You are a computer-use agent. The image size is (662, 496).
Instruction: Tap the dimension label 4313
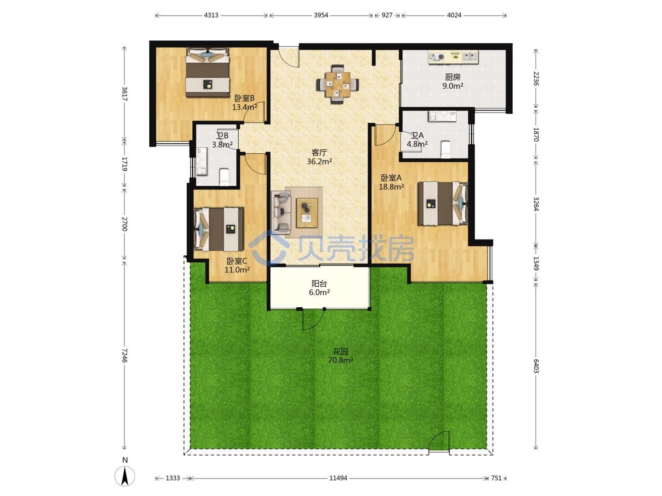pos(211,15)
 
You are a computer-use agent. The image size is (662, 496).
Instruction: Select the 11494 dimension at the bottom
pos(338,478)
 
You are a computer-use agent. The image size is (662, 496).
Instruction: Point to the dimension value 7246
pos(124,355)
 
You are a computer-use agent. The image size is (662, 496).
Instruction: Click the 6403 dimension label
pos(536,366)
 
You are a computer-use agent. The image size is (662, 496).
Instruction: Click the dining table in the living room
pos(337,84)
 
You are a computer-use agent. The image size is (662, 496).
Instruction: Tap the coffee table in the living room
pos(307,213)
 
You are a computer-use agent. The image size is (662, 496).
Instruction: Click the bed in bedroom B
pos(208,72)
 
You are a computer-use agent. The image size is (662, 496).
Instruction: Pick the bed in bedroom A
pos(442,203)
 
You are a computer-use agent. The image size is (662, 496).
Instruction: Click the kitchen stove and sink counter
pos(453,57)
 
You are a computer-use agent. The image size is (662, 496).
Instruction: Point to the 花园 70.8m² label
pos(341,356)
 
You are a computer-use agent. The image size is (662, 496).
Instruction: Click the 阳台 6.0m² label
pos(319,288)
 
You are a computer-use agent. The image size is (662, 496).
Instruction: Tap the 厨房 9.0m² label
pos(453,81)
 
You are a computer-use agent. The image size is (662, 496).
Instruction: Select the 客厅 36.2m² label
pos(319,157)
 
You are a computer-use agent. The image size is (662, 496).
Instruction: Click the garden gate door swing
pos(439,442)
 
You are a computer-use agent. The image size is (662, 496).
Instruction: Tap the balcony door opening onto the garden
pos(313,319)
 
